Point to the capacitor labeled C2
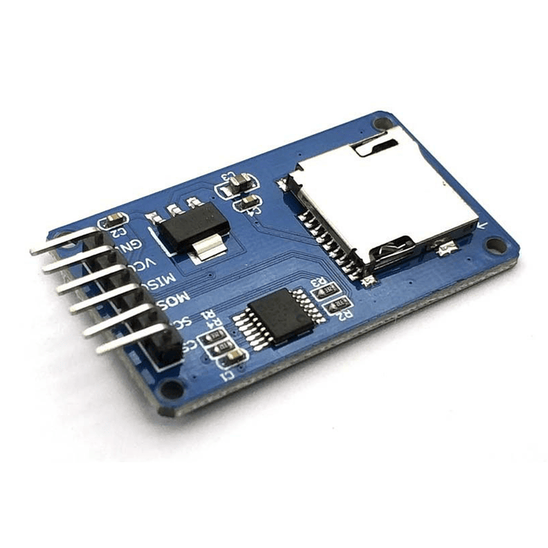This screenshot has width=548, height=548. click(115, 221)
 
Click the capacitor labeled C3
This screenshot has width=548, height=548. click(239, 182)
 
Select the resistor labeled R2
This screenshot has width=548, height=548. click(335, 306)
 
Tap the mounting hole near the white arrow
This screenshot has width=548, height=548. click(496, 245)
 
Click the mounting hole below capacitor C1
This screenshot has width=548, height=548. click(172, 389)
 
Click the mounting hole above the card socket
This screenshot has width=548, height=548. click(383, 122)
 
